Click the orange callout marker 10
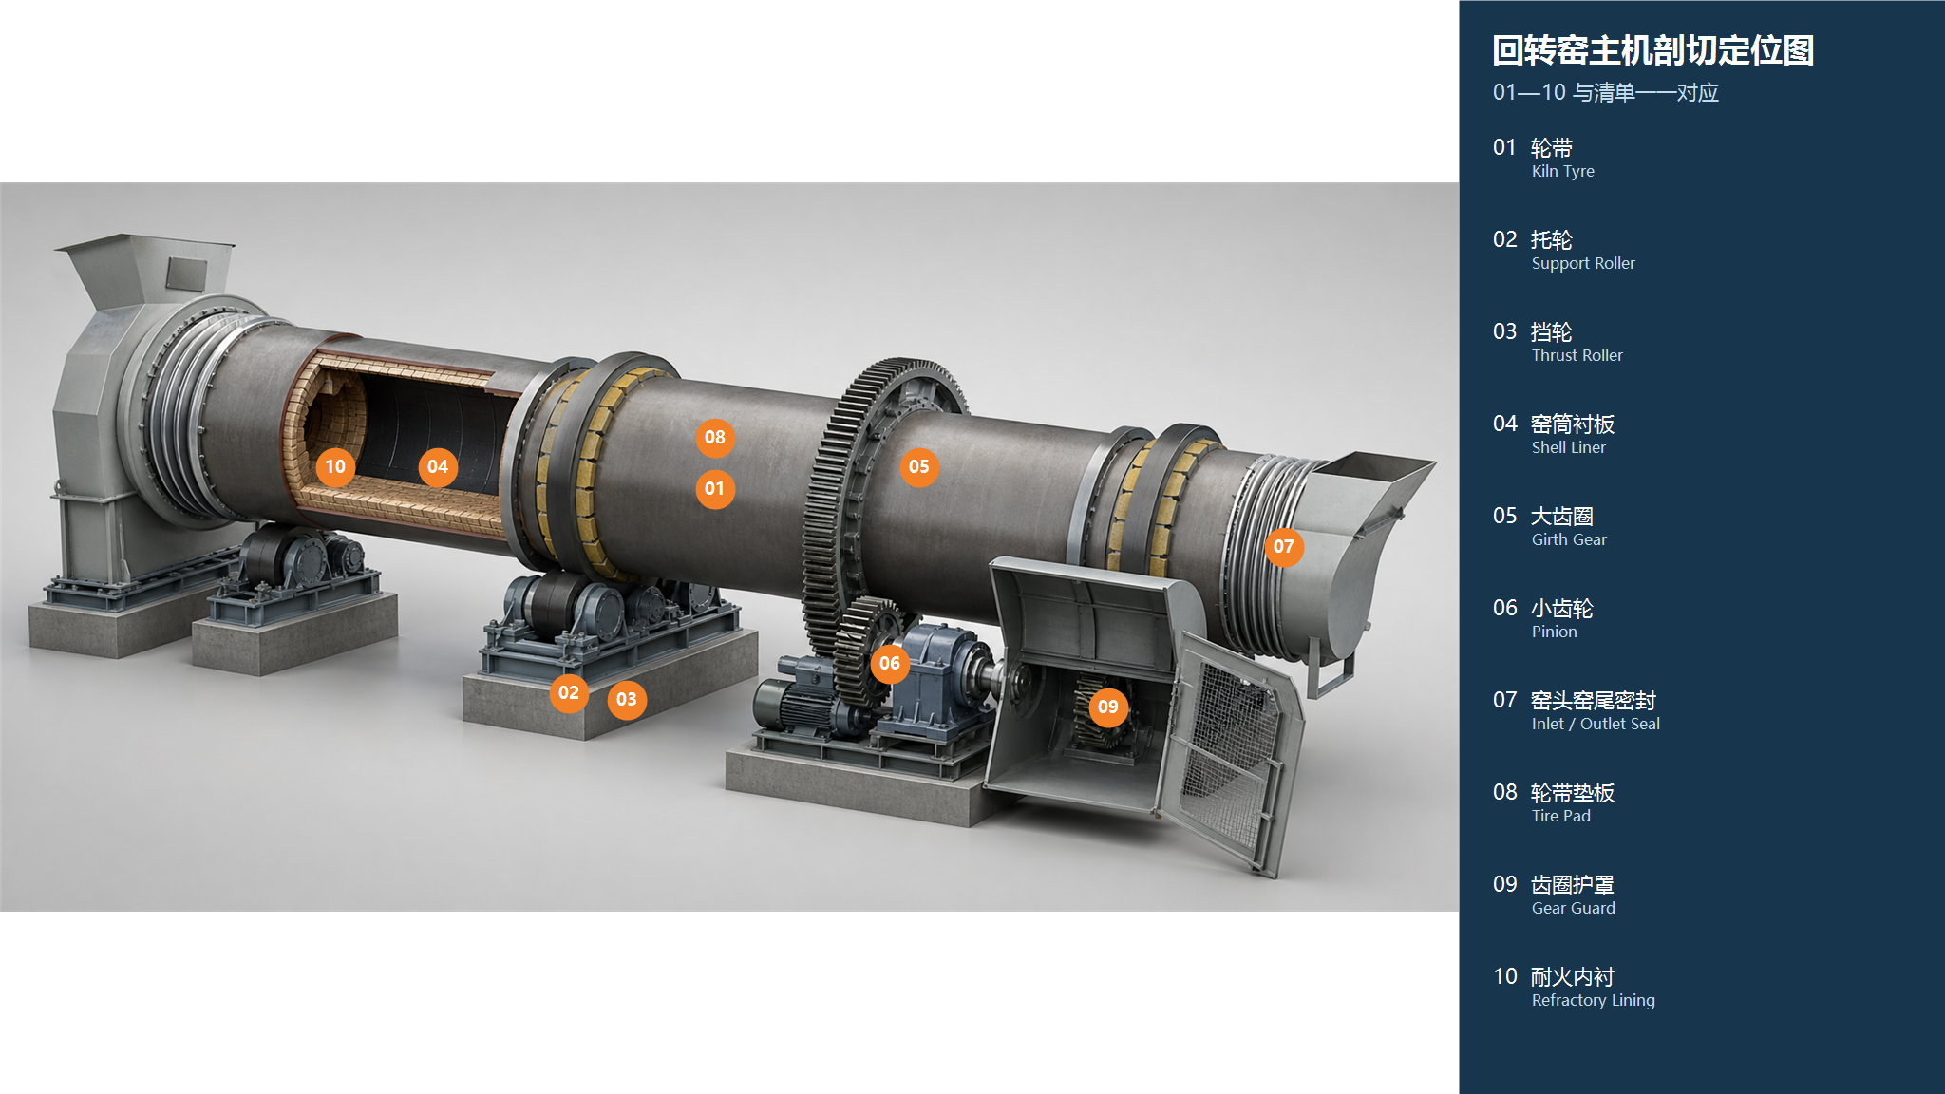(335, 467)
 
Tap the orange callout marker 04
(438, 467)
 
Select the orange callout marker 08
(715, 438)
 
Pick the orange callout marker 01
(715, 489)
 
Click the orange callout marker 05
(919, 467)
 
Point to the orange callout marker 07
(1284, 547)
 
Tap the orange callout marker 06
(890, 664)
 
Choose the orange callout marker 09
(1108, 707)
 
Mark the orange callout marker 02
(569, 693)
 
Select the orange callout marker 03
(627, 700)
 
